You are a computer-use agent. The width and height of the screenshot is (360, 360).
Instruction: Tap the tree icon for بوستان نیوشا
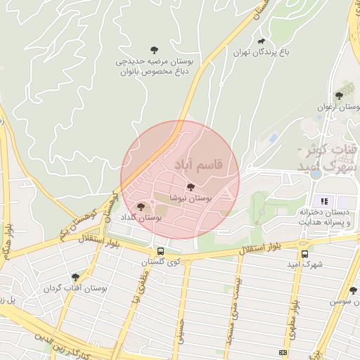tap(191, 187)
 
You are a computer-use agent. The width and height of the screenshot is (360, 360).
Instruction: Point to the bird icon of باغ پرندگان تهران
tap(262, 42)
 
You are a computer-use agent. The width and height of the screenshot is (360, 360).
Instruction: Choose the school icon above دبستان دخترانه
tap(324, 201)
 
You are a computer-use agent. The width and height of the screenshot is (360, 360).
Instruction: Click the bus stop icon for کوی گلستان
tap(161, 251)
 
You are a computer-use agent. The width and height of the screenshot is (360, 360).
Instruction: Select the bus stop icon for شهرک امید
tap(304, 255)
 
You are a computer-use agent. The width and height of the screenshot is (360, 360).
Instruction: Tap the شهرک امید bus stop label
tap(309, 265)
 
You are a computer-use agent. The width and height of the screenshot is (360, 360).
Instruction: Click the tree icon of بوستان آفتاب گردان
tap(75, 277)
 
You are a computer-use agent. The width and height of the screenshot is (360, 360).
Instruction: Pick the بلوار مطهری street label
tap(289, 321)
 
